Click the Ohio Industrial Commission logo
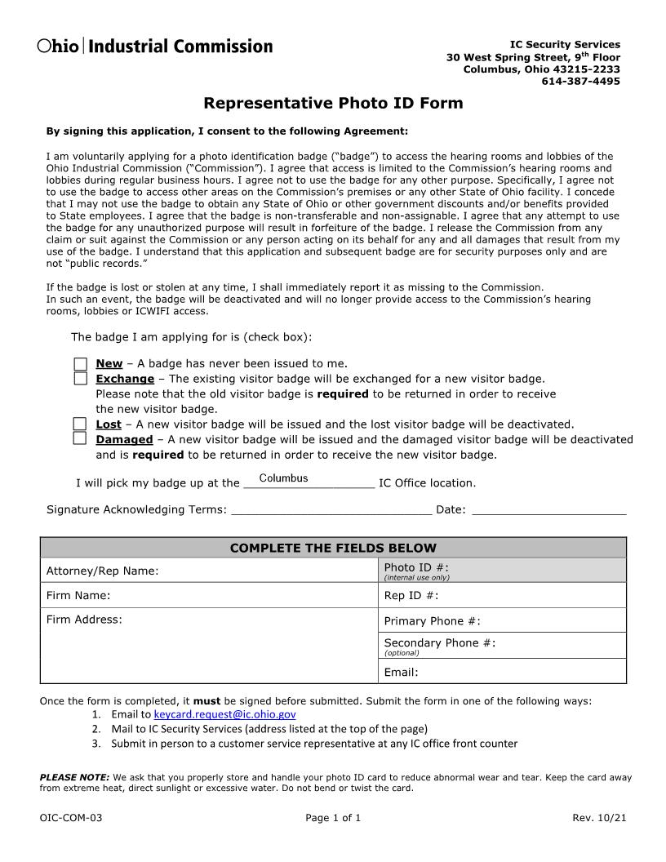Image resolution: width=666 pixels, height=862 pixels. pyautogui.click(x=155, y=47)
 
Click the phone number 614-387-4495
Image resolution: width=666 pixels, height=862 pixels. pyautogui.click(x=580, y=81)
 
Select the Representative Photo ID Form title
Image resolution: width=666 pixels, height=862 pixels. pyautogui.click(x=333, y=103)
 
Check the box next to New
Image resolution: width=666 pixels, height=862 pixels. pyautogui.click(x=80, y=364)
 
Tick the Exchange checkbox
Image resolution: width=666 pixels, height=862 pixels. pyautogui.click(x=80, y=379)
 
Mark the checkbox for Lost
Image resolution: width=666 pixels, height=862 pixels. pyautogui.click(x=80, y=424)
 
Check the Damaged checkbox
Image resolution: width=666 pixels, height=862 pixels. pyautogui.click(x=80, y=438)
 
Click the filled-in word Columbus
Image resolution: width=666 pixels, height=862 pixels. pyautogui.click(x=283, y=478)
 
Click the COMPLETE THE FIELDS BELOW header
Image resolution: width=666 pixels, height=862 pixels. pyautogui.click(x=333, y=548)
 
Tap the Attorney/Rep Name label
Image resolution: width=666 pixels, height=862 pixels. pyautogui.click(x=102, y=571)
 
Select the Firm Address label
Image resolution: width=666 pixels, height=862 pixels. pyautogui.click(x=84, y=620)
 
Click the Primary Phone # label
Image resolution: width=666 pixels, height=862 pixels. pyautogui.click(x=432, y=621)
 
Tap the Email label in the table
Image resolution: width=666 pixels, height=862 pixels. pyautogui.click(x=401, y=673)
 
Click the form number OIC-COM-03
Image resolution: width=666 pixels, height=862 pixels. pyautogui.click(x=71, y=817)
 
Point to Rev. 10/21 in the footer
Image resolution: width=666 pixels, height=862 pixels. pyautogui.click(x=600, y=817)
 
